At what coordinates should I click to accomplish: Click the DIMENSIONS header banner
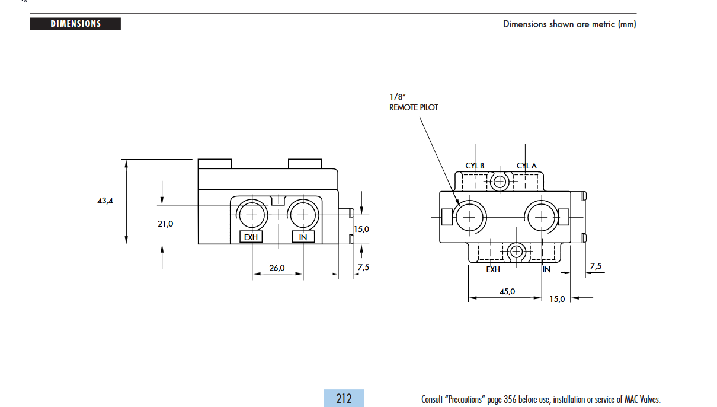tap(75, 24)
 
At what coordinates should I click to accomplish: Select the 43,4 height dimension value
tap(105, 201)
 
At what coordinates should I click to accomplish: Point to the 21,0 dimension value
tap(165, 224)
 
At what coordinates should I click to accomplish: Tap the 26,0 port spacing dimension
tap(277, 268)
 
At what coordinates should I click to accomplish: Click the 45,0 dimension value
tap(507, 291)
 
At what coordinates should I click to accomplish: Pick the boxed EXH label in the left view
tap(251, 237)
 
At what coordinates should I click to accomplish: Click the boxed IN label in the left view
tap(303, 237)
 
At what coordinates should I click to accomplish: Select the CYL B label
tap(475, 166)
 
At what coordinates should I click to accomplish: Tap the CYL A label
tap(526, 166)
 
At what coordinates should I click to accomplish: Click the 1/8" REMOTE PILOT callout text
tap(414, 103)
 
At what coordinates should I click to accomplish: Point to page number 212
tap(344, 398)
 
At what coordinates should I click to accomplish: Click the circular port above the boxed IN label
tap(303, 214)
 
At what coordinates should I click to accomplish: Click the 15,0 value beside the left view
tap(361, 229)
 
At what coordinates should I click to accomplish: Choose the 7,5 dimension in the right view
tap(596, 266)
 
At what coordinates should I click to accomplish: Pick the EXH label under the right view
tap(493, 269)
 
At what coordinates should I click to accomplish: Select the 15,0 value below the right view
tap(556, 298)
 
